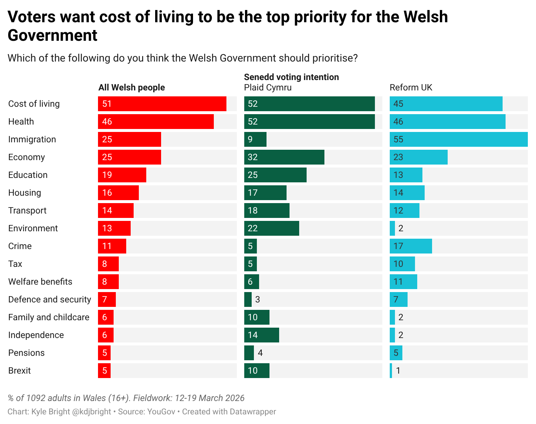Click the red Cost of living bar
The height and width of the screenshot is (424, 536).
[x=162, y=104]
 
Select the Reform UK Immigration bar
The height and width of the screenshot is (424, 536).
[x=458, y=139]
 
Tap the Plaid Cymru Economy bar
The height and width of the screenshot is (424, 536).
[x=284, y=157]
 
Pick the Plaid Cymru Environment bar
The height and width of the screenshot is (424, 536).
[x=271, y=228]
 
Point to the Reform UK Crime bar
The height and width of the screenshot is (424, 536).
[x=411, y=246]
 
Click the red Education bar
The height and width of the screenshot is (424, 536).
[x=122, y=175]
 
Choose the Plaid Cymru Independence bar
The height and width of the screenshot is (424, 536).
[x=261, y=335]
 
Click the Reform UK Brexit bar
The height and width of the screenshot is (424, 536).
[x=391, y=371]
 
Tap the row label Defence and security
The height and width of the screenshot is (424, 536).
[x=49, y=299]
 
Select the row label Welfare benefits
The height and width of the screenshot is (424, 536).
[x=40, y=282]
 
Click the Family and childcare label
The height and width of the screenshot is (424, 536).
[x=49, y=317]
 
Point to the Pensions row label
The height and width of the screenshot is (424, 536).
[x=26, y=353]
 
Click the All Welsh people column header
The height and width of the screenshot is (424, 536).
[x=131, y=88]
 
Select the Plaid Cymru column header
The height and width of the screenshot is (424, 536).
[x=268, y=88]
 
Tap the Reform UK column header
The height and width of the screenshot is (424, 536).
[x=411, y=88]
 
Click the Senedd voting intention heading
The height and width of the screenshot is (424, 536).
[x=291, y=77]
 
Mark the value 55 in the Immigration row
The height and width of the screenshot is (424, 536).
[x=398, y=139]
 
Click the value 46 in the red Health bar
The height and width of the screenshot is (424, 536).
[x=107, y=122]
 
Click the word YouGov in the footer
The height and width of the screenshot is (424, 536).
[x=161, y=412]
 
